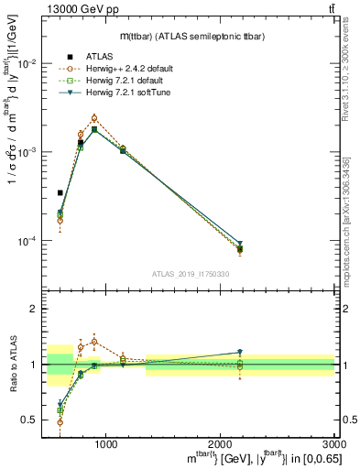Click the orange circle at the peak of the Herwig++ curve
[94, 118]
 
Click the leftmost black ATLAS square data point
[60, 193]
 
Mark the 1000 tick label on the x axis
[106, 443]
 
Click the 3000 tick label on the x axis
[334, 443]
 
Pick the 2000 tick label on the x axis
[221, 443]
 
